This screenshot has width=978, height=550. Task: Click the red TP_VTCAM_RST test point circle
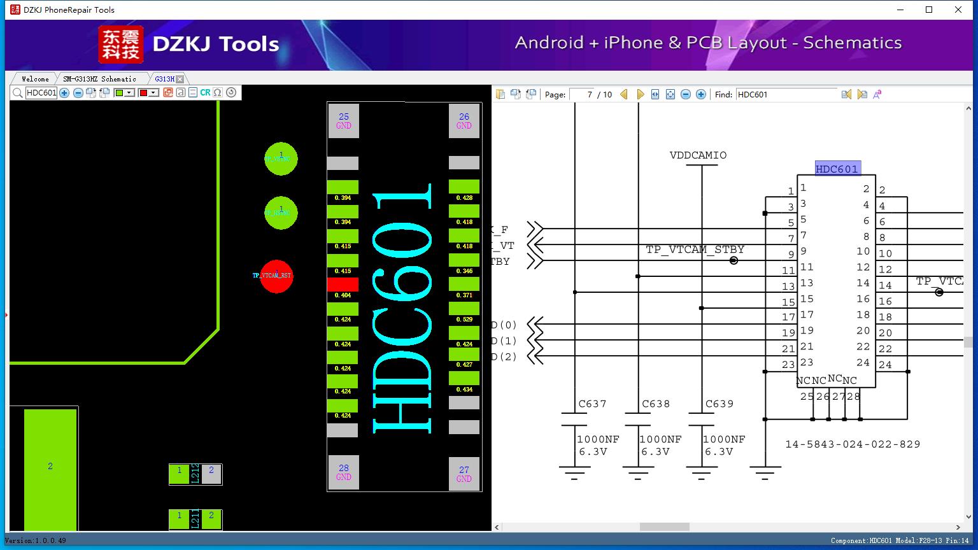point(276,276)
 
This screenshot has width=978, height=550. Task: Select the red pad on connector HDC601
point(343,285)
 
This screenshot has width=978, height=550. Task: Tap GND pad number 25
point(344,120)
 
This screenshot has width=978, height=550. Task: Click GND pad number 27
point(464,474)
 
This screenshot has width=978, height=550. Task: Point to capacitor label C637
point(592,404)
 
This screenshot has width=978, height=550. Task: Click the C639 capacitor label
point(719,404)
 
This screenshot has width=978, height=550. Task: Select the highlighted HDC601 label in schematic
point(837,169)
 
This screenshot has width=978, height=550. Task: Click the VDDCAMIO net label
point(698,155)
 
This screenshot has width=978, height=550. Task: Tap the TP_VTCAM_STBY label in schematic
point(695,250)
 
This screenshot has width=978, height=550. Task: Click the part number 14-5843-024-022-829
point(853,444)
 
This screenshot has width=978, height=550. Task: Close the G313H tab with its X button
point(180,79)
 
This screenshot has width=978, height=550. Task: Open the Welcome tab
point(35,79)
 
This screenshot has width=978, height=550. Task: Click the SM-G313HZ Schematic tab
point(99,79)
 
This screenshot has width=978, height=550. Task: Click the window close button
point(958,10)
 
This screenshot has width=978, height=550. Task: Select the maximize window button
point(929,10)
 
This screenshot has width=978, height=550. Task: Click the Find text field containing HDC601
point(786,94)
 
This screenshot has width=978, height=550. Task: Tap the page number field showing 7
point(582,94)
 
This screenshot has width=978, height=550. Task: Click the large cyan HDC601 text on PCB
point(403,306)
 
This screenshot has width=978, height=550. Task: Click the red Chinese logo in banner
point(121,45)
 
